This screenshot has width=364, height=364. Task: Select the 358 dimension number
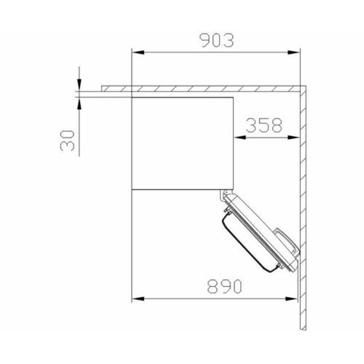click(x=263, y=125)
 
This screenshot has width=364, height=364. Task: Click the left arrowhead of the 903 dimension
click(x=135, y=51)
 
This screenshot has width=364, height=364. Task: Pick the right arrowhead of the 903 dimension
click(x=298, y=51)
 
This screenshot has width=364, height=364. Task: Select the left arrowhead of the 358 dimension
click(x=238, y=136)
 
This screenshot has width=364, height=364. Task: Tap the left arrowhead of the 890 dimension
click(x=135, y=298)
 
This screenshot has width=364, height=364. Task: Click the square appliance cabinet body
click(x=182, y=142)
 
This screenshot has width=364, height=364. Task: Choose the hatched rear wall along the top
click(x=204, y=87)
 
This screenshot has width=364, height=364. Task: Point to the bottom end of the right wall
click(x=304, y=326)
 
